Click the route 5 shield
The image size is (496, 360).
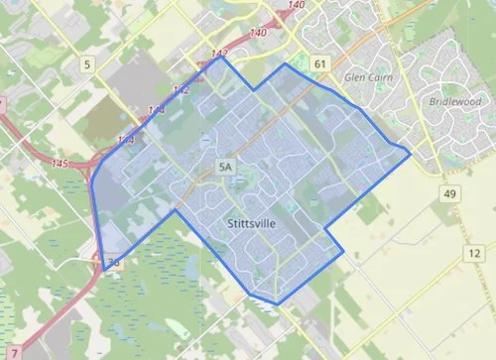pyautogui.click(x=88, y=65)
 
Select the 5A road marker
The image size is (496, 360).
pyautogui.click(x=225, y=170)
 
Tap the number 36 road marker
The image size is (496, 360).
pyautogui.click(x=113, y=264)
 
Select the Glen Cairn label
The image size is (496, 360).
pyautogui.click(x=362, y=76)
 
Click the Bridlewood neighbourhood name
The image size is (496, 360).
pyautogui.click(x=453, y=102)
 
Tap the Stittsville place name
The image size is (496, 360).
pyautogui.click(x=250, y=224)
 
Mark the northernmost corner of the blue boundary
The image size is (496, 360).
pyautogui.click(x=221, y=57)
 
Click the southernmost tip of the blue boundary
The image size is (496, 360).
pyautogui.click(x=277, y=304)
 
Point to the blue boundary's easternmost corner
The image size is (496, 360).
pyautogui.click(x=411, y=154)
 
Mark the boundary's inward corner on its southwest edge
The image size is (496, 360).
pyautogui.click(x=176, y=210)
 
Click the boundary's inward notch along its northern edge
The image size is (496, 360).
pyautogui.click(x=255, y=90)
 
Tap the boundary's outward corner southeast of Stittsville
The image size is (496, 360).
pyautogui.click(x=344, y=254)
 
